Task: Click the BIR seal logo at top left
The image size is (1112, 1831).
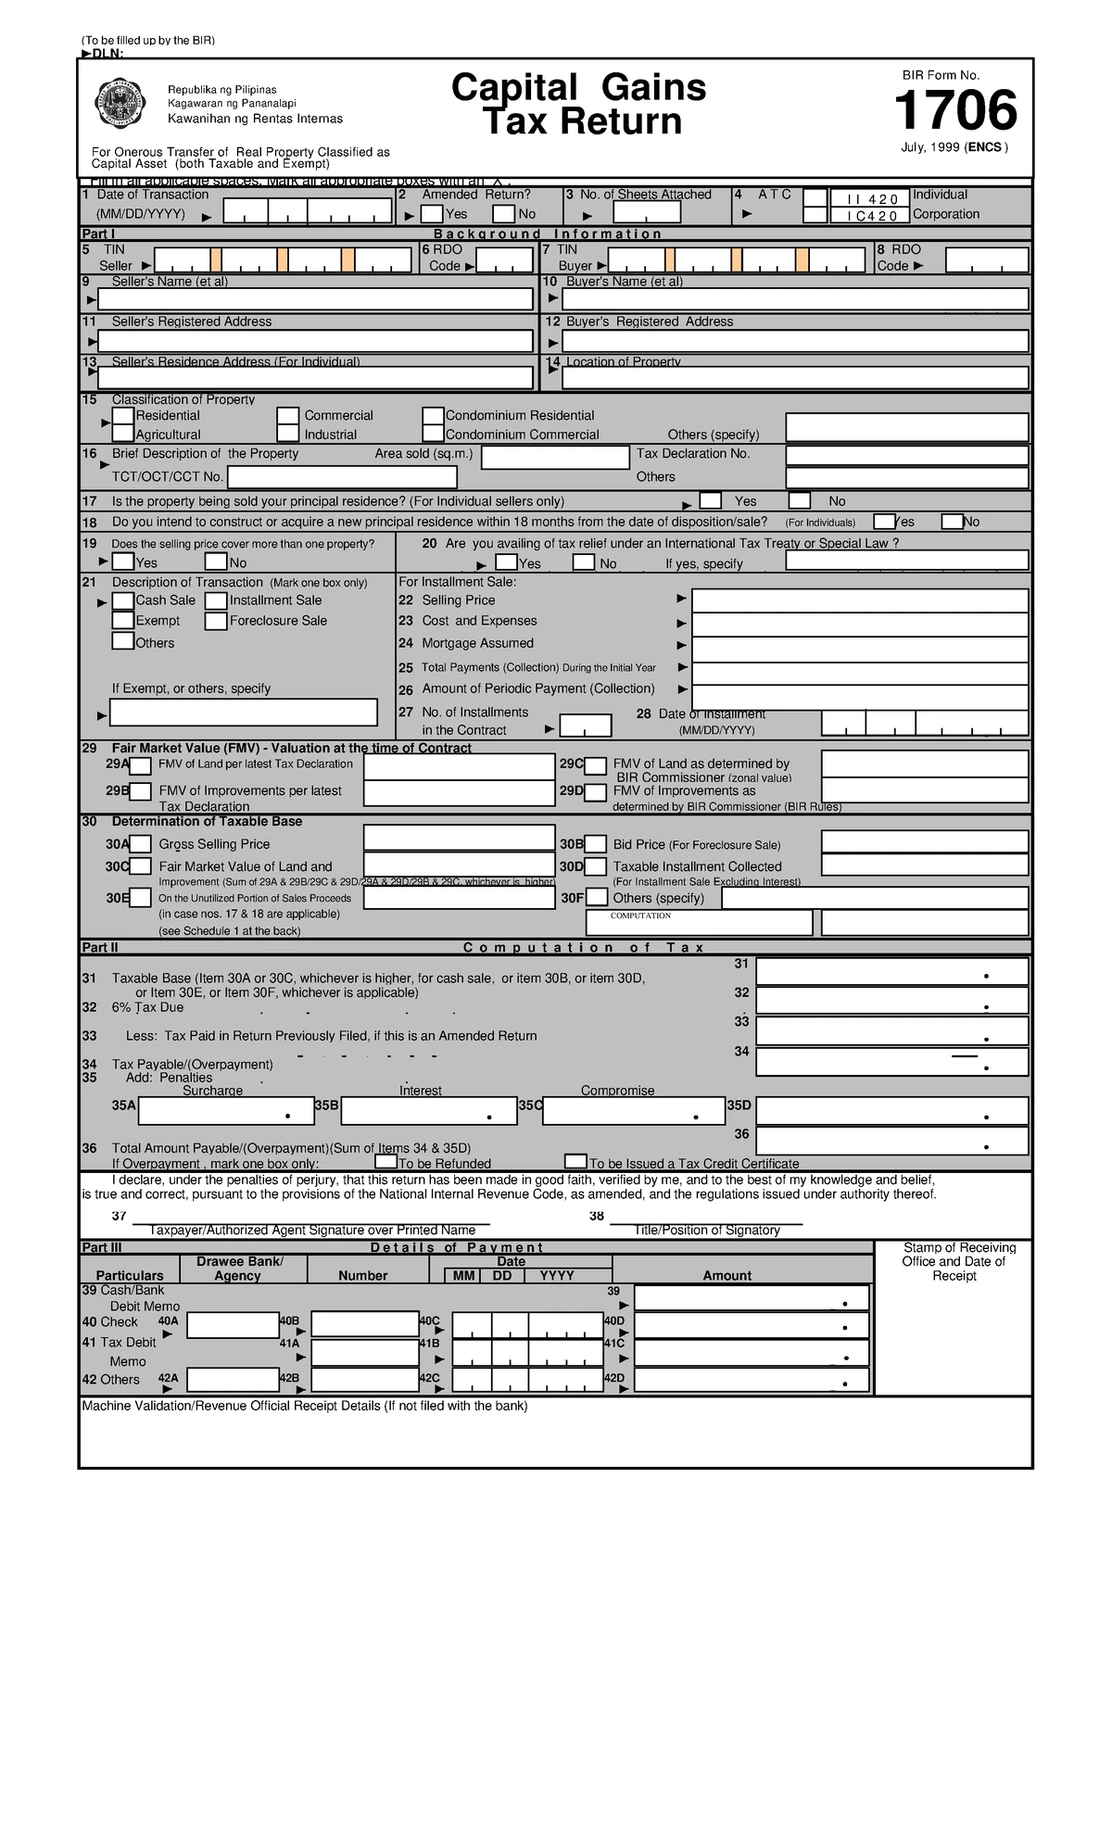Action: [120, 104]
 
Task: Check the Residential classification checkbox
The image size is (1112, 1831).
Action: [123, 416]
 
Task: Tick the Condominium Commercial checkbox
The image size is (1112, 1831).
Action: [433, 434]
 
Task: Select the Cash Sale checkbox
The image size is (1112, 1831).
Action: [122, 600]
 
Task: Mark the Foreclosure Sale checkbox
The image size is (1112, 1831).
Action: [216, 621]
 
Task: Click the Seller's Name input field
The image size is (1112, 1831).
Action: [315, 299]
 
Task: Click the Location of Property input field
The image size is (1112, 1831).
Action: [795, 378]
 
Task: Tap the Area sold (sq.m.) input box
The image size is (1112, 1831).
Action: [555, 458]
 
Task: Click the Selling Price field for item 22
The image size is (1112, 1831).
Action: [860, 600]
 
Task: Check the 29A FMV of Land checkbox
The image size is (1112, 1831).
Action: [140, 765]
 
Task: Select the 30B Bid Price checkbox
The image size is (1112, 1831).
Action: [596, 844]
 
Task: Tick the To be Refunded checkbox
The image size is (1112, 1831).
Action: [385, 1162]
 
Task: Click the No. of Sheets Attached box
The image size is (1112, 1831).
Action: [646, 213]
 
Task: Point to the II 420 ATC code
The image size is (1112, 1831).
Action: [866, 199]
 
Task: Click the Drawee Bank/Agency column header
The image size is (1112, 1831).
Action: [238, 1269]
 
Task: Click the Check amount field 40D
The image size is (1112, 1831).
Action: [752, 1326]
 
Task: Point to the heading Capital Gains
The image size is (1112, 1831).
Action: [578, 88]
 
